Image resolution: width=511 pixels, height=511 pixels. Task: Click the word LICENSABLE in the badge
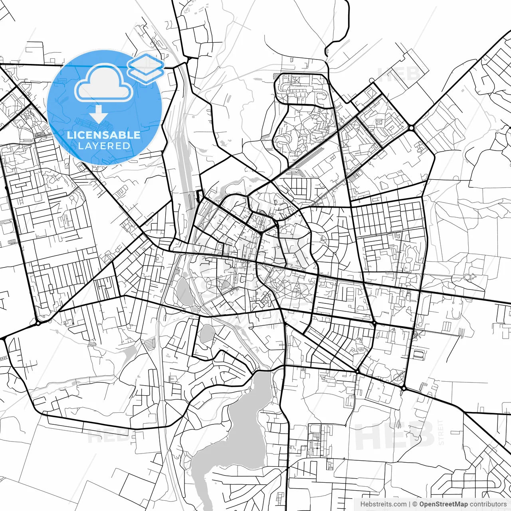[104, 135]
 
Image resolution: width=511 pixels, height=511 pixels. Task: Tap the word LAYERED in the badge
[104, 146]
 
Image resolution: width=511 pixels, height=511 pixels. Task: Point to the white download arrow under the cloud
[99, 115]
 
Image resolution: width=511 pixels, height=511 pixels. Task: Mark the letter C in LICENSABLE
[81, 135]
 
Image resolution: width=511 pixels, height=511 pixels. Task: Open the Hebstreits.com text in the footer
[383, 504]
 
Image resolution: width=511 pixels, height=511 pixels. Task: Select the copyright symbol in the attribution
[415, 504]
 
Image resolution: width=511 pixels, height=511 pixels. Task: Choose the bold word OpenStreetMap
[443, 504]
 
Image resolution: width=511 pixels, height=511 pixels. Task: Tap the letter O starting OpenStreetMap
[422, 504]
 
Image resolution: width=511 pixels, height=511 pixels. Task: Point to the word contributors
[488, 504]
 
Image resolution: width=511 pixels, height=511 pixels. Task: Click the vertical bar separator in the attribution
[410, 504]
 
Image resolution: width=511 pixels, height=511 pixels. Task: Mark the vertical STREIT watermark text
[441, 432]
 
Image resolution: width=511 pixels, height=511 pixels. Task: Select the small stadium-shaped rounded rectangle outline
[418, 355]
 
